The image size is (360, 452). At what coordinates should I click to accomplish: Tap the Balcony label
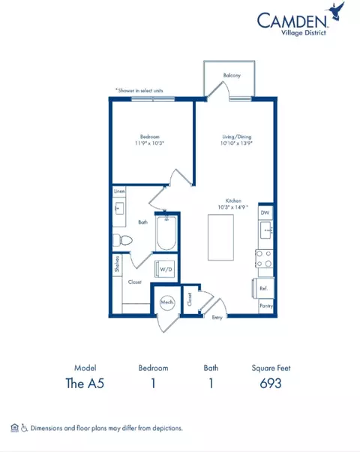tap(232, 76)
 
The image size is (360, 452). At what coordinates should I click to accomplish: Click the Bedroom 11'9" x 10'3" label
tap(149, 139)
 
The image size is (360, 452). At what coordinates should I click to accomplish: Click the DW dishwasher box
tap(265, 214)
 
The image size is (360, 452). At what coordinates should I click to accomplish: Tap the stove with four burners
tap(265, 259)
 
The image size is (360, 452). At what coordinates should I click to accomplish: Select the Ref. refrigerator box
tap(264, 289)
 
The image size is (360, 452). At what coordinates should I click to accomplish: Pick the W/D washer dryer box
tap(165, 269)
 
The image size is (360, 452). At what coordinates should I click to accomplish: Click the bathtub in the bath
tap(166, 234)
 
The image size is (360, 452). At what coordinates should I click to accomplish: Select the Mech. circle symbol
tap(166, 302)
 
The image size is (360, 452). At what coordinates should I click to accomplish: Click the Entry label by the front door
tap(217, 318)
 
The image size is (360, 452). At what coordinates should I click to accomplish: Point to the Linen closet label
tap(119, 192)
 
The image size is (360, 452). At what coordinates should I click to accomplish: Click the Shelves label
tap(118, 264)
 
